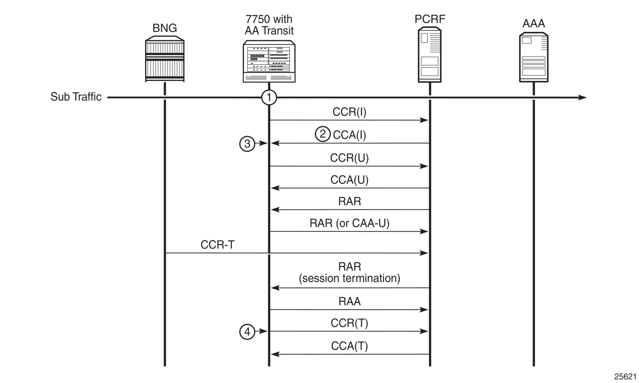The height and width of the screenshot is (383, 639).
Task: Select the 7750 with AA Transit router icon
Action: (x=269, y=61)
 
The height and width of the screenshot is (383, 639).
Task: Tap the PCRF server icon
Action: (x=430, y=55)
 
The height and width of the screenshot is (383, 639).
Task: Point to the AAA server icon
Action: (x=534, y=57)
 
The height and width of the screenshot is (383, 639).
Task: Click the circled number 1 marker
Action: (x=269, y=97)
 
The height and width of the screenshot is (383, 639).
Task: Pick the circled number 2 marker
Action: (x=323, y=134)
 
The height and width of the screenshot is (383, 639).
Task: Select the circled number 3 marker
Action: (x=247, y=144)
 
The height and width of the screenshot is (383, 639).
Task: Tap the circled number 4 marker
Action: (x=247, y=332)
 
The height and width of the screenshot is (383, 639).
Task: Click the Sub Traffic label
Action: (x=76, y=97)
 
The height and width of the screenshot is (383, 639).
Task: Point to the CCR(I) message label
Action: (x=349, y=112)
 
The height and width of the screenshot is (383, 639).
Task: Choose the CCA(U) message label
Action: (x=349, y=180)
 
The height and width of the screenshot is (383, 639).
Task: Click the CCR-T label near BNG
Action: (x=217, y=245)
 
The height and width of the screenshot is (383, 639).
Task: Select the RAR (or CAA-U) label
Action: (x=349, y=223)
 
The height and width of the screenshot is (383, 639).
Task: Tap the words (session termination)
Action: (x=349, y=278)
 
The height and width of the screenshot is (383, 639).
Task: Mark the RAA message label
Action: (x=349, y=301)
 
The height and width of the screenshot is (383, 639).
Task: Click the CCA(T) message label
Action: (x=349, y=346)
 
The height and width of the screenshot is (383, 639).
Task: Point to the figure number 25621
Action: (x=625, y=376)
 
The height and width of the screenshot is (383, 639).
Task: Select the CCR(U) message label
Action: (x=349, y=158)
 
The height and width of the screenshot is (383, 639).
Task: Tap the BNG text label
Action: (x=165, y=28)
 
